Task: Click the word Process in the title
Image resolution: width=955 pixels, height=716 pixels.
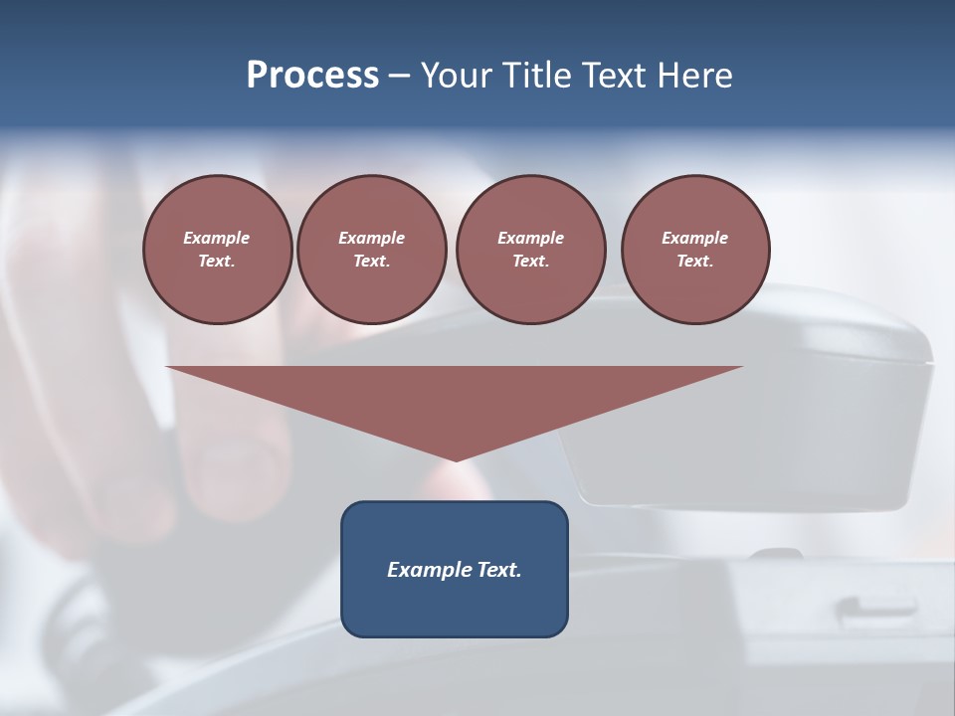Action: (x=312, y=76)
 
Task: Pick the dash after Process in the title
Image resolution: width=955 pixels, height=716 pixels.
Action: (x=400, y=77)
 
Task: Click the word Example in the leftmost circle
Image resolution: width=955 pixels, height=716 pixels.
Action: (x=217, y=238)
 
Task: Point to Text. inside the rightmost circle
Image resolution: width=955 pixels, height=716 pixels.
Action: (x=694, y=262)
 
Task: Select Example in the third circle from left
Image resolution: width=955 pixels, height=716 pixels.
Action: (x=530, y=238)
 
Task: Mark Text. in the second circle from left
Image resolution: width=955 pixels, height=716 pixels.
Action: (x=371, y=262)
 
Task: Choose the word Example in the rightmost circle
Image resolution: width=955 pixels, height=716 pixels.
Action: (x=694, y=238)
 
